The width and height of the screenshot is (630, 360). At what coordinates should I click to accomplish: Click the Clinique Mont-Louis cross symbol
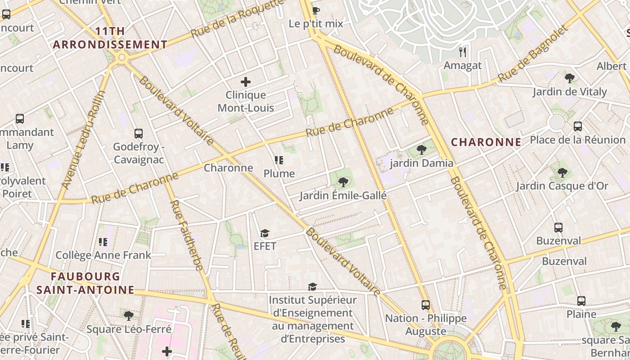[x=246, y=82]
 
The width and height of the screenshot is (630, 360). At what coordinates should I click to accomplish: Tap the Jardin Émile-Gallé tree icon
[x=343, y=182]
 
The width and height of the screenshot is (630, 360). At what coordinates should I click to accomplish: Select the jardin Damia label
[x=422, y=163]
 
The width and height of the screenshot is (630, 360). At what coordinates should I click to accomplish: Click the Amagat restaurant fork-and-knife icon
[x=463, y=52]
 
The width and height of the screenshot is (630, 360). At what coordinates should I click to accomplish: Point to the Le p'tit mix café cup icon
[x=316, y=10]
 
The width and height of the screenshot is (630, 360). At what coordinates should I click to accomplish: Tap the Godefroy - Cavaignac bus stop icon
[x=139, y=134]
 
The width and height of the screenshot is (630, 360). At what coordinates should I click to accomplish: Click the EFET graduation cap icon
[x=265, y=233]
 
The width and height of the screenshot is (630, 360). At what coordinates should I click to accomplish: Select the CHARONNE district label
[x=486, y=143]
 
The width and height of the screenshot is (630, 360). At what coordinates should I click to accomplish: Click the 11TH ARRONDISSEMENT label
[x=110, y=38]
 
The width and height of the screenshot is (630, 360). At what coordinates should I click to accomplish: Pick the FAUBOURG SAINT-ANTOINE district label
[x=85, y=283]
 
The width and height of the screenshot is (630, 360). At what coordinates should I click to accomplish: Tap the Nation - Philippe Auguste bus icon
[x=426, y=305]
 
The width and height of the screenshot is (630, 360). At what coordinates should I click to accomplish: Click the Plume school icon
[x=279, y=160]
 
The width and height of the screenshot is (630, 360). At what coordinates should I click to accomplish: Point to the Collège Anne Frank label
[x=103, y=256]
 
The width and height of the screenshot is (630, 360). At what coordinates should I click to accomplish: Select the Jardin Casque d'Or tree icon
[x=562, y=172]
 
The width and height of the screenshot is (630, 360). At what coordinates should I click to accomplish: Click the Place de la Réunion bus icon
[x=578, y=126]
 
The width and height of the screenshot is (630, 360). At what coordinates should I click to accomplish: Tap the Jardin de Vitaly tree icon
[x=570, y=78]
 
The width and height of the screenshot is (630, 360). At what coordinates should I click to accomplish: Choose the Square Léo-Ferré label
[x=129, y=329]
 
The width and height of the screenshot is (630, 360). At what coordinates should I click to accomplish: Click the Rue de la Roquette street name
[x=234, y=19]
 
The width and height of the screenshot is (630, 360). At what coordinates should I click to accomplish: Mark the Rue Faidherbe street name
[x=187, y=235]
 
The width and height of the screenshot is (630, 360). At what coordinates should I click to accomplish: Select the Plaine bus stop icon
[x=581, y=301]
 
